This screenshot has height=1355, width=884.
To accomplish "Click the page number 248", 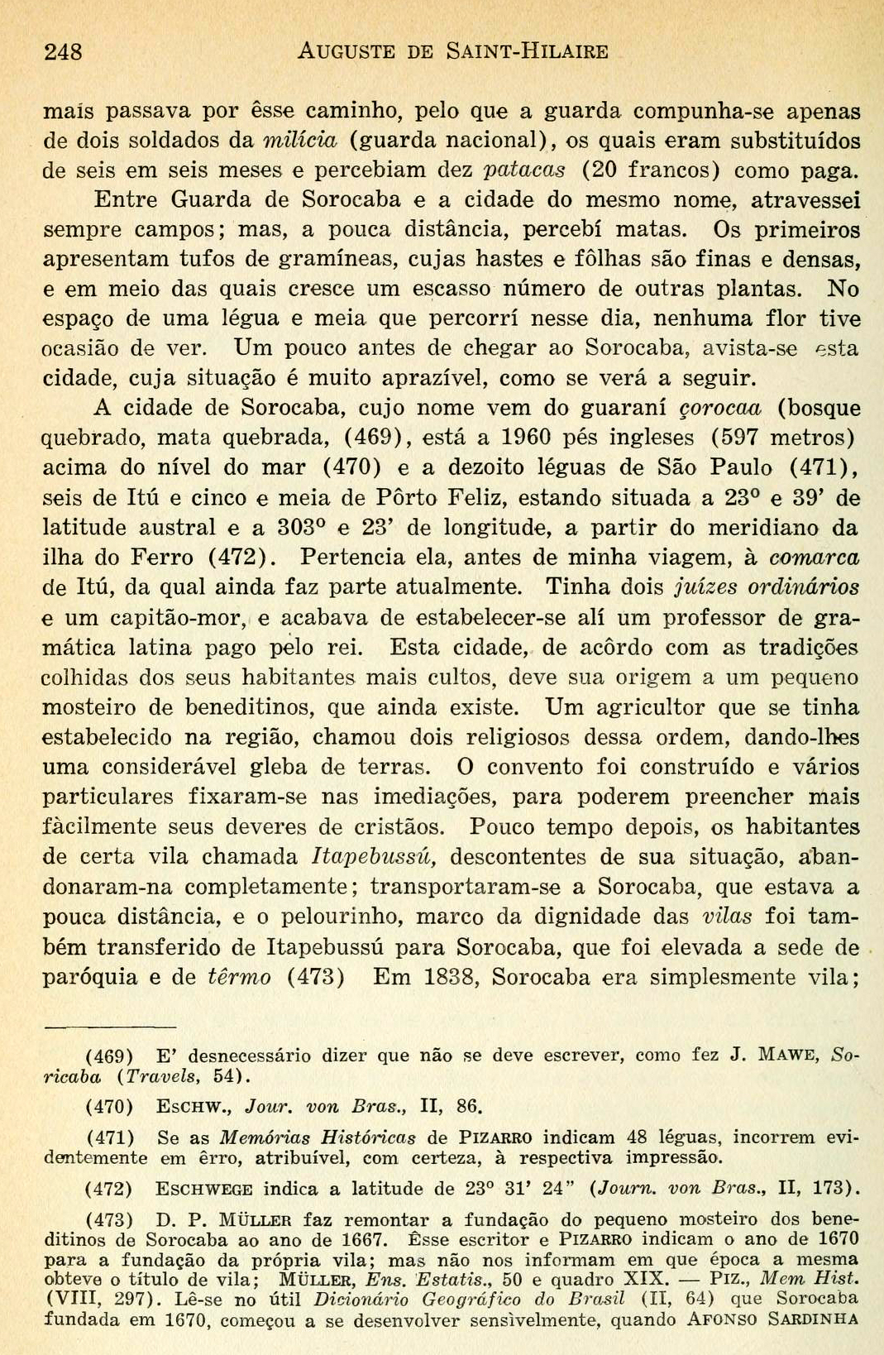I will click(x=63, y=51).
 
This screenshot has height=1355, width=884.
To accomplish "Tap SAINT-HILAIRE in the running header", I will click(x=528, y=51).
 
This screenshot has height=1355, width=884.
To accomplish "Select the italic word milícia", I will click(x=300, y=140).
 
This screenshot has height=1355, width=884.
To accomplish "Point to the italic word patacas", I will click(x=525, y=170).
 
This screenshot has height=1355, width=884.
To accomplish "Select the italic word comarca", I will click(x=814, y=557).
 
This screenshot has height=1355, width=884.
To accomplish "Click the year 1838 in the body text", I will click(x=452, y=977).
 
